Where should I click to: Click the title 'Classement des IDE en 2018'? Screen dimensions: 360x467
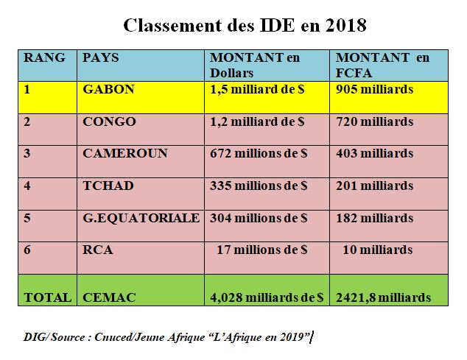(245, 26)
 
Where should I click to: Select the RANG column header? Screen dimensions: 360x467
(44, 57)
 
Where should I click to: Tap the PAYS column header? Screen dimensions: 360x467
(101, 57)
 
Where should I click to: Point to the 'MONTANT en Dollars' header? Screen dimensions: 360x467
(255, 65)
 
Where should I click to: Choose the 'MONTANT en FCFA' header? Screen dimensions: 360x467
(382, 65)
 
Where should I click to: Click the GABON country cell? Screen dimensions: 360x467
(109, 89)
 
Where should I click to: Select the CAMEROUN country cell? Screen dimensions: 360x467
(125, 153)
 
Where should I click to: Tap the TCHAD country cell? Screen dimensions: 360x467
(108, 186)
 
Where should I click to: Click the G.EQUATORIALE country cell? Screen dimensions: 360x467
(141, 218)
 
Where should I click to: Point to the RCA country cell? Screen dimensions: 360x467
(98, 250)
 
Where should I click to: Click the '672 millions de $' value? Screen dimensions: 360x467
(259, 153)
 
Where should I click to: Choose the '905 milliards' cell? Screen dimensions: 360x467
(374, 89)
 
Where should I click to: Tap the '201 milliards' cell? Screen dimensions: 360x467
(374, 186)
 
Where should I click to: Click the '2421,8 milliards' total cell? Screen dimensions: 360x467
(383, 297)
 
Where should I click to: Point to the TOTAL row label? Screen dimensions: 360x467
(47, 297)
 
